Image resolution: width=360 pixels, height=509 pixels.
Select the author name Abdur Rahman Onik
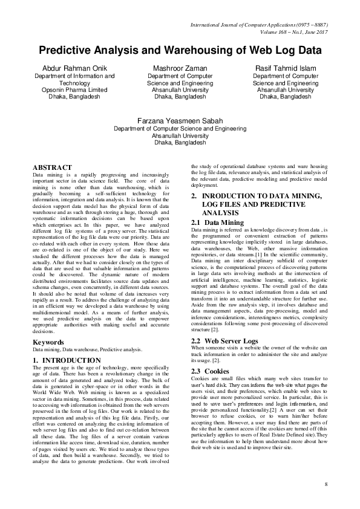[x=74, y=68]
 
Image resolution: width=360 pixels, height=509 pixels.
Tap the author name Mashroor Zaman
[x=180, y=68]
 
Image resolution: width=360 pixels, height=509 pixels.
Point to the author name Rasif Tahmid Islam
[x=286, y=68]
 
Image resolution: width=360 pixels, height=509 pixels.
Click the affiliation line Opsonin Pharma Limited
[x=74, y=89]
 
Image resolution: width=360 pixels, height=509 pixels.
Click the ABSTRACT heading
[x=52, y=167]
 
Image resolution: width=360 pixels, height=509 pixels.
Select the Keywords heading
[x=48, y=342]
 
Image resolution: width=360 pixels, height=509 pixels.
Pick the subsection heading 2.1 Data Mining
[x=209, y=222]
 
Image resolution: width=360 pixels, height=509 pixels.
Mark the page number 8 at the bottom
[x=326, y=485]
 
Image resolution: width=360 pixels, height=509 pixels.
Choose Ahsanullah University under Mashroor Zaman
[x=180, y=89]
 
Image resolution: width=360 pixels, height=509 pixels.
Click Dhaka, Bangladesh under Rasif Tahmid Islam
[x=286, y=96]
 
